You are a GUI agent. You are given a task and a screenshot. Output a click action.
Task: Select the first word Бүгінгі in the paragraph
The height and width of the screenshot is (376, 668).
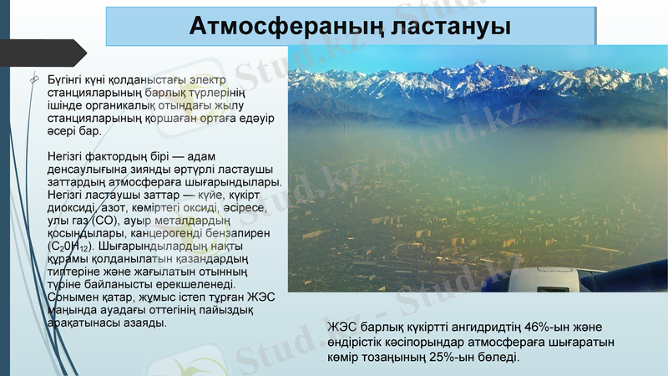click(68, 78)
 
